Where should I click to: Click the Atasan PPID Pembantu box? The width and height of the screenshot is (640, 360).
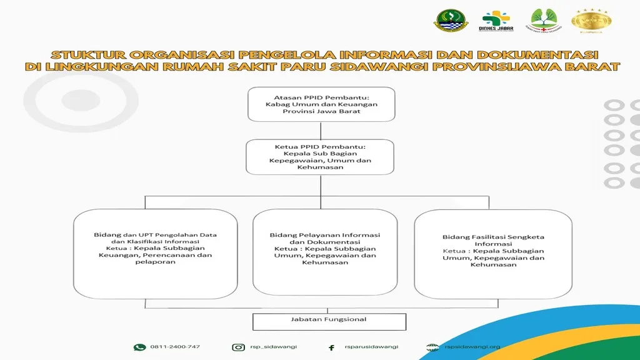point(321,104)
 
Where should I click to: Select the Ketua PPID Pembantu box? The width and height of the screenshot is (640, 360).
point(320,156)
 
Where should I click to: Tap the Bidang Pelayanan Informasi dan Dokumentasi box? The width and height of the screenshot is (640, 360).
point(325,252)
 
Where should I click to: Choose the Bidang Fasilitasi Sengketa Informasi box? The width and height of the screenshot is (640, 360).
point(493,253)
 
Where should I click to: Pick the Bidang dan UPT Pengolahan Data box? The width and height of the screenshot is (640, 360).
point(156,253)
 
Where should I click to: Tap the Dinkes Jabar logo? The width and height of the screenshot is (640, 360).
point(496,22)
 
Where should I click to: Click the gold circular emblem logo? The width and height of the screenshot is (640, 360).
point(591,21)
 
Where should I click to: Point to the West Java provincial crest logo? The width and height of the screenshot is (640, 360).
point(449,21)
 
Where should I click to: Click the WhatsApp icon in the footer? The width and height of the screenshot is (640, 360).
point(139,347)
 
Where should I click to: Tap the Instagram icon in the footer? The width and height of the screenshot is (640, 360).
point(238,347)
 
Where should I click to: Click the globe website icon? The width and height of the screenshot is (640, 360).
point(432,347)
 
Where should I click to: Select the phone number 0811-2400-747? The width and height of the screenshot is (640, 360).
point(175,347)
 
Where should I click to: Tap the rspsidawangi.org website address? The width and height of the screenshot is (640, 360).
point(472,347)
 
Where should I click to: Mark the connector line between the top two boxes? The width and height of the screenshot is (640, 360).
point(321,130)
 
